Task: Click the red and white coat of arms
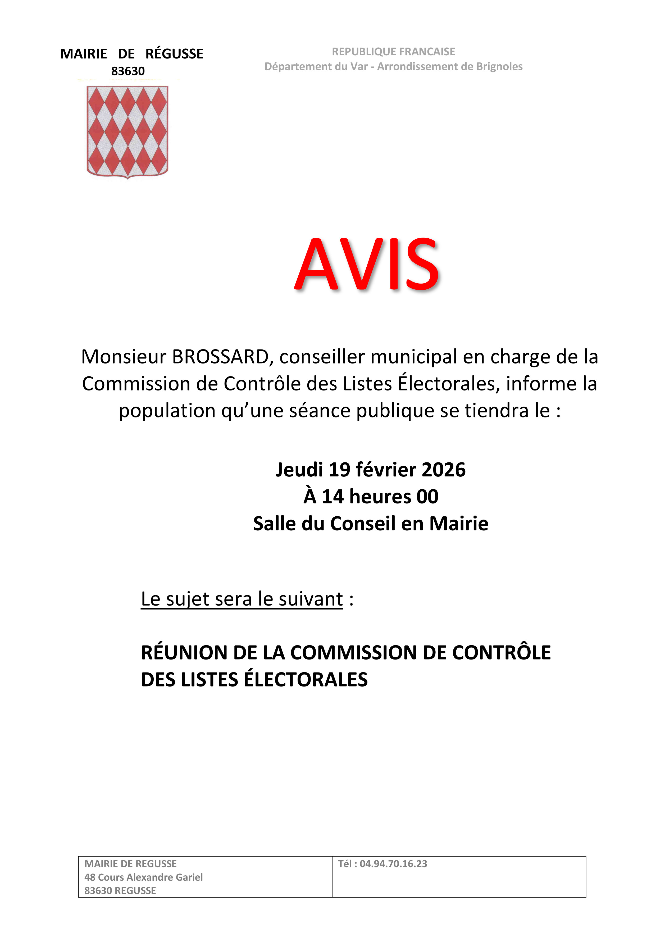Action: (x=127, y=131)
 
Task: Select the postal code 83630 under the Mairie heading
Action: (x=128, y=71)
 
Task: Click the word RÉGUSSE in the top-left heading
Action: (x=174, y=54)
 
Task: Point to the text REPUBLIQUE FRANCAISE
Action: (x=393, y=52)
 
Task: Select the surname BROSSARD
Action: (x=220, y=357)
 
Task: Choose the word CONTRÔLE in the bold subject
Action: (x=501, y=653)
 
